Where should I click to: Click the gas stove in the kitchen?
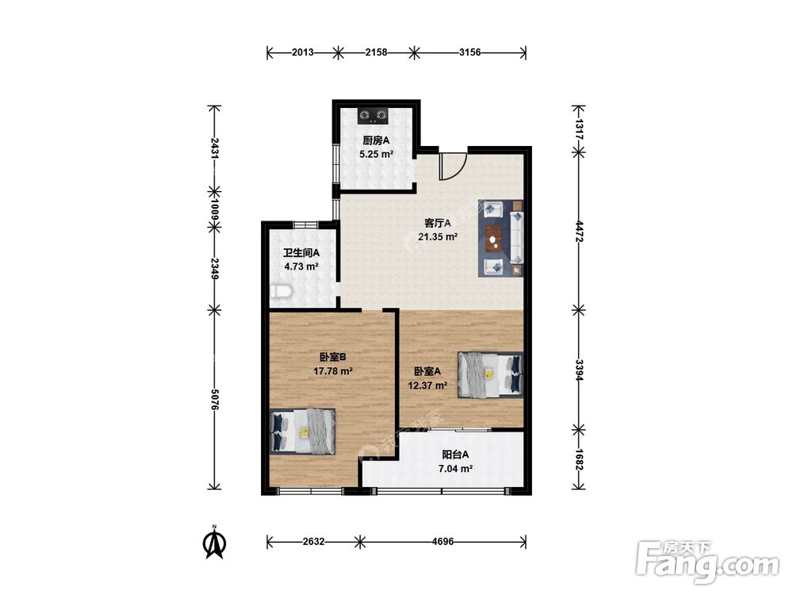[373, 117]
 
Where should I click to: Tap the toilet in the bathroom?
[281, 292]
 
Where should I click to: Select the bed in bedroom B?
[303, 432]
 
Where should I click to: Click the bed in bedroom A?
[489, 374]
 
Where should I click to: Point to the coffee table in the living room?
[493, 238]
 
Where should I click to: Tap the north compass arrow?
[214, 543]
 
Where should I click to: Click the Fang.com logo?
[707, 562]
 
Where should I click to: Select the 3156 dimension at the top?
[469, 52]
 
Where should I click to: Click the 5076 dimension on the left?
[214, 399]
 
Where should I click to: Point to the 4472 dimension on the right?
[579, 231]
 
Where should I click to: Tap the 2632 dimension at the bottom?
[313, 542]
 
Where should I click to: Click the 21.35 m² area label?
[438, 236]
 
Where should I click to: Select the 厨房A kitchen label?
[376, 140]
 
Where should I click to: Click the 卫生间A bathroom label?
[301, 252]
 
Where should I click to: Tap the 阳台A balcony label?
[455, 455]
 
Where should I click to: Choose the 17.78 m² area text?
[333, 370]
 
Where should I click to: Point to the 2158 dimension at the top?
[376, 52]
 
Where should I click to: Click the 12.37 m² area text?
[427, 386]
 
